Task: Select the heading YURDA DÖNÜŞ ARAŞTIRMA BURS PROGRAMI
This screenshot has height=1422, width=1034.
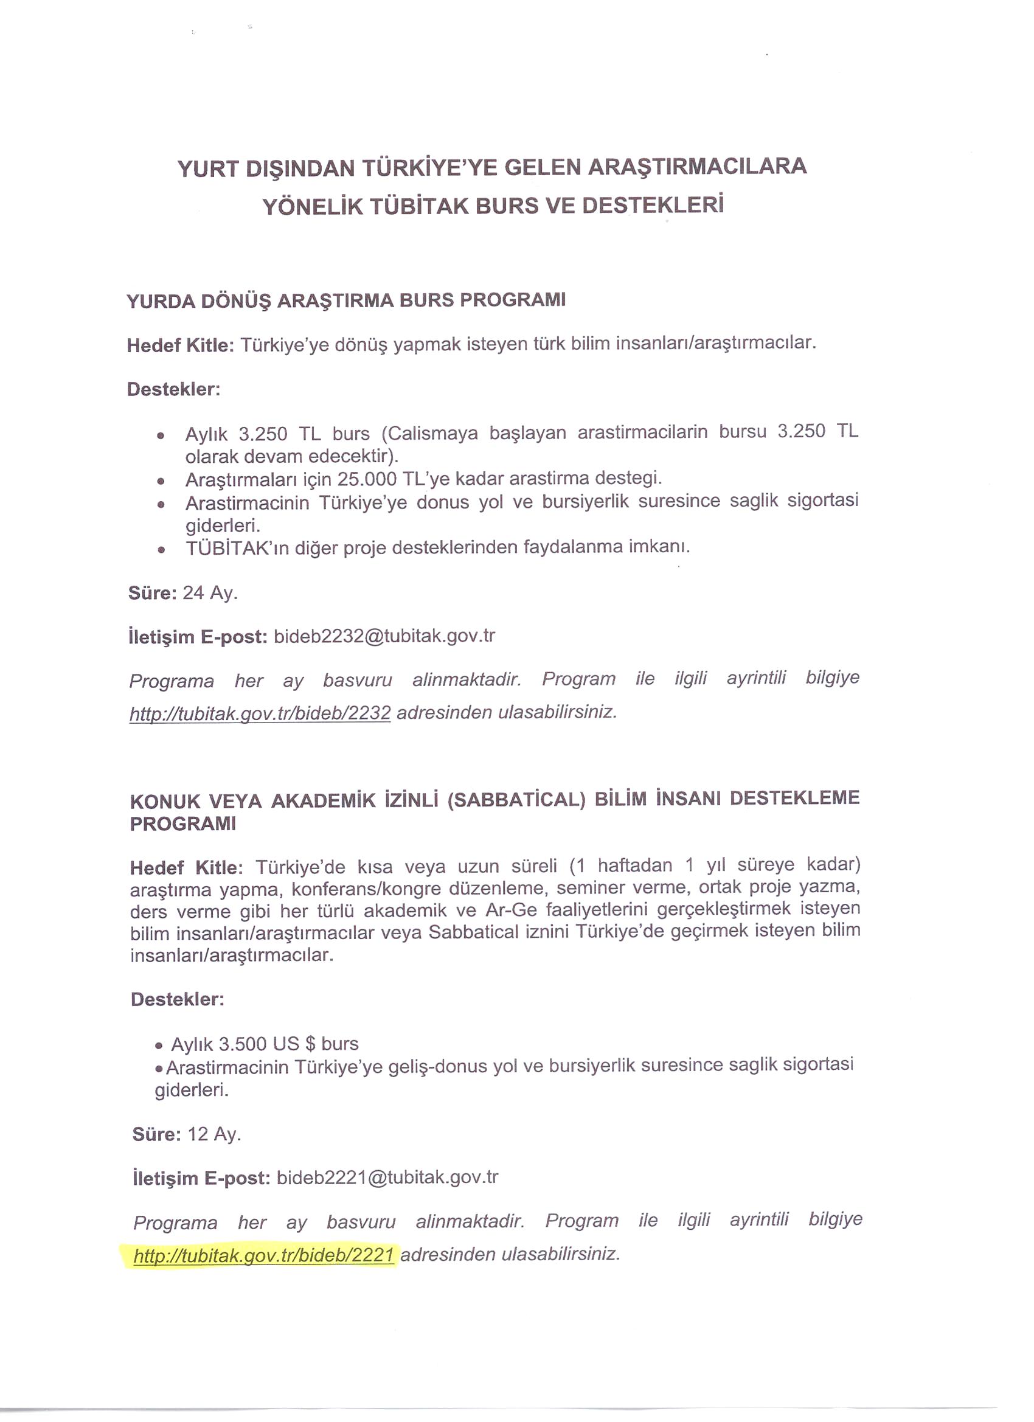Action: tap(346, 300)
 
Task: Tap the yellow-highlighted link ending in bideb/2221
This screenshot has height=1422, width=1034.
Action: tap(263, 1255)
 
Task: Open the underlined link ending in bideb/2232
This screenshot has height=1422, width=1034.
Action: tap(260, 713)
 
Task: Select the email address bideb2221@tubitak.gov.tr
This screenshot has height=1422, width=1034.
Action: tap(387, 1177)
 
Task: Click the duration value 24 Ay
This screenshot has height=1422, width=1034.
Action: tap(210, 592)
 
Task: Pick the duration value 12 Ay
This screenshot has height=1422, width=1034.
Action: tap(214, 1134)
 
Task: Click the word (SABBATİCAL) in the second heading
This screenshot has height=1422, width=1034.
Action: tap(516, 800)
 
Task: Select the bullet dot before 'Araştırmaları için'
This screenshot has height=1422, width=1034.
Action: tap(162, 482)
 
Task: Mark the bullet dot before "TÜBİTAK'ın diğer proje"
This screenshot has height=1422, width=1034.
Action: tap(162, 550)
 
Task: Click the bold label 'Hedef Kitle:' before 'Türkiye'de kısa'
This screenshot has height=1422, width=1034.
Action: tap(186, 868)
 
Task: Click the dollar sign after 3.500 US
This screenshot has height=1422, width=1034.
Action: tap(310, 1044)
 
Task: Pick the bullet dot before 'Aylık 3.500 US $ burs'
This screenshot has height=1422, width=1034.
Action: tap(159, 1046)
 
